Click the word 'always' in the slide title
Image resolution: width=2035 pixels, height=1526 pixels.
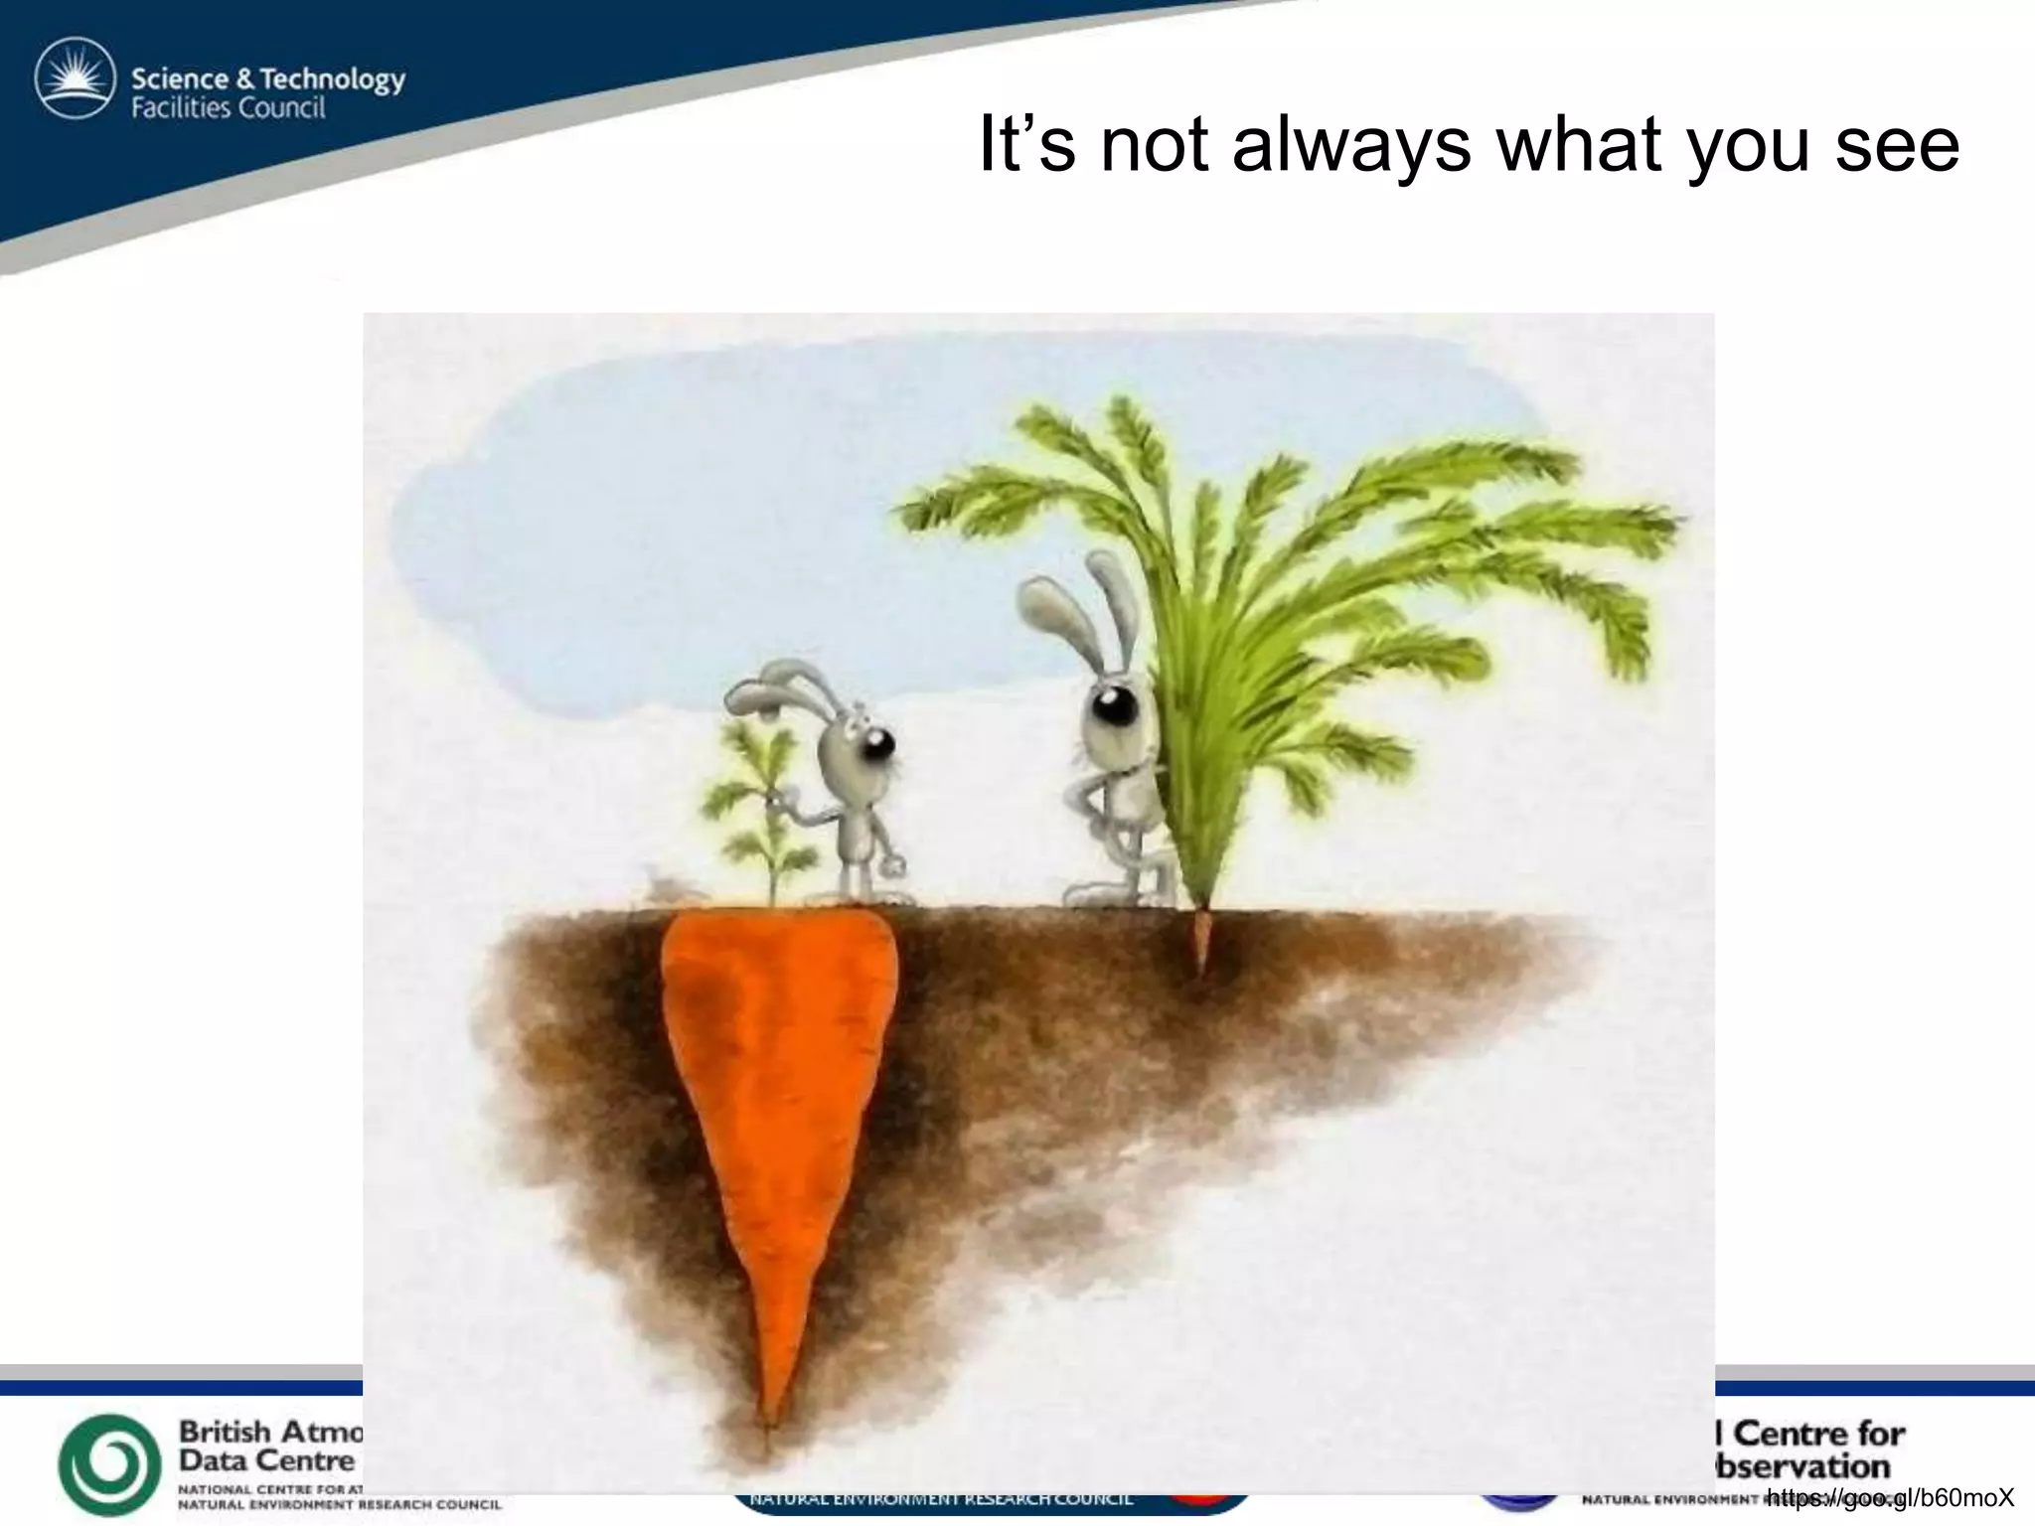coord(1351,145)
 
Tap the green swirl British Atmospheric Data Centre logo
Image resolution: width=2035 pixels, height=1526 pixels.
coord(109,1464)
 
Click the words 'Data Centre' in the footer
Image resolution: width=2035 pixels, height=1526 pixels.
coord(266,1460)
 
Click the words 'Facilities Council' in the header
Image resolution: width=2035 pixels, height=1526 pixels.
coord(229,107)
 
